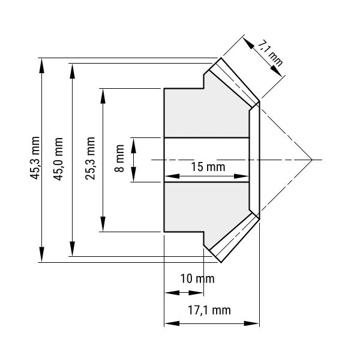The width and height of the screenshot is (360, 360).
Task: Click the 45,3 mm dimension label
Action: click(35, 158)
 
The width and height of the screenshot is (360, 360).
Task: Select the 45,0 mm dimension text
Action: click(58, 159)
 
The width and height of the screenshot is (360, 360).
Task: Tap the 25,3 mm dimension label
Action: click(90, 158)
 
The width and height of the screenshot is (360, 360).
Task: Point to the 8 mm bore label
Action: click(119, 158)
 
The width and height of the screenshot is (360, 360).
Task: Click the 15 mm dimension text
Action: click(208, 167)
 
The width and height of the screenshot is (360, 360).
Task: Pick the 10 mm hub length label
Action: click(197, 279)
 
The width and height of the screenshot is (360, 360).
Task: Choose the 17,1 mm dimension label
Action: click(209, 310)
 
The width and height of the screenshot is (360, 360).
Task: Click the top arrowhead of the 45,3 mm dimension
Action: click(41, 66)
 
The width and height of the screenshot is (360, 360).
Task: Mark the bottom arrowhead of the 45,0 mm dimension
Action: click(73, 248)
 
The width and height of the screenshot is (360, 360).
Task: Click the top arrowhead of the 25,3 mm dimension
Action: click(103, 97)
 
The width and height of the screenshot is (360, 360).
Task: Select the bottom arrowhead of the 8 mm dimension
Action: click(133, 174)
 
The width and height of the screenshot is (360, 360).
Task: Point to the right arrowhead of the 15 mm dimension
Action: click(241, 176)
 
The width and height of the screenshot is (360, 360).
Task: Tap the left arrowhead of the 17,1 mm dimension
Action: click(172, 323)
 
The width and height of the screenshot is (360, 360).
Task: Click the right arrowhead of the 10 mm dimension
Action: click(196, 293)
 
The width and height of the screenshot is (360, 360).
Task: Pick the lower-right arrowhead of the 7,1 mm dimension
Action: click(277, 71)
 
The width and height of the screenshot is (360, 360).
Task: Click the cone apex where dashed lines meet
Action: click(312, 160)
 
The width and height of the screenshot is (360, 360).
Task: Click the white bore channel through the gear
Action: click(206, 160)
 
